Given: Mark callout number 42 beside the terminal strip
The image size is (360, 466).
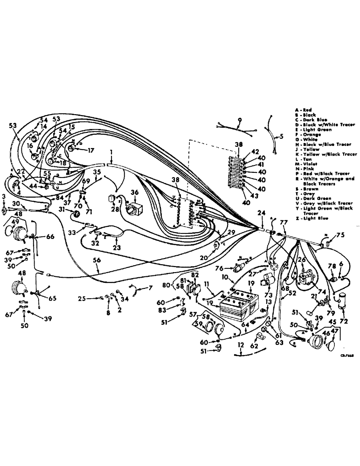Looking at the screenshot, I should coord(255,151).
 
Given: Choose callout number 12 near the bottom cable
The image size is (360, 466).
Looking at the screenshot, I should coord(240,345).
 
